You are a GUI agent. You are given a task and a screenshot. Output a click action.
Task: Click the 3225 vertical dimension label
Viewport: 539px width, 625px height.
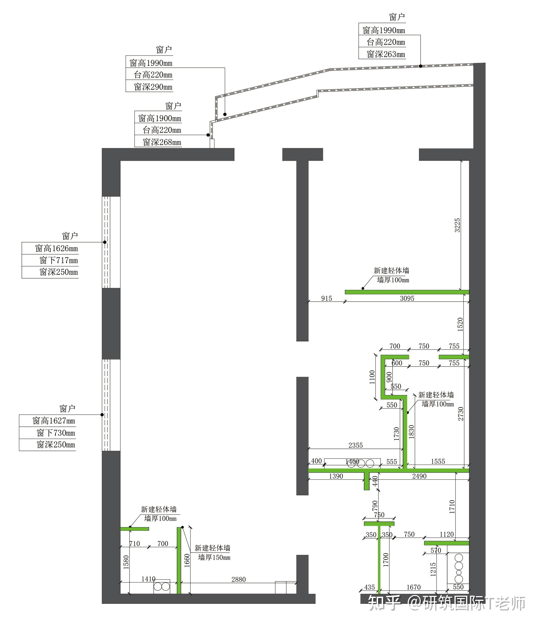(457, 225)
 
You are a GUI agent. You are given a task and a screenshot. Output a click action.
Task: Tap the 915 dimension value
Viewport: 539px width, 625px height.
(326, 298)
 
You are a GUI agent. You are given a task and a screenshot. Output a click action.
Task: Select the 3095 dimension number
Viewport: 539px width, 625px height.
(407, 298)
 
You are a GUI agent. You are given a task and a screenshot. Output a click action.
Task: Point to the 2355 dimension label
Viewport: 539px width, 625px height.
(355, 445)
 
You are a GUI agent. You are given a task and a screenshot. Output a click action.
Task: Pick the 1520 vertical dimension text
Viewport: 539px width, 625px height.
(460, 324)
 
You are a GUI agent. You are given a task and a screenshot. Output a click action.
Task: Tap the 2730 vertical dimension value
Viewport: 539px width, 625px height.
(461, 414)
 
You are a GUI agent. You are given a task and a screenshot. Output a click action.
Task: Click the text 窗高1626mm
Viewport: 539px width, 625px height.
(56, 248)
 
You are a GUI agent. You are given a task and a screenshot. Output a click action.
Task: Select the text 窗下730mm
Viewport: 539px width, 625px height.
(56, 433)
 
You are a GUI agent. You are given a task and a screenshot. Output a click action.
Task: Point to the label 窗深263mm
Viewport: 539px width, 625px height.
(386, 54)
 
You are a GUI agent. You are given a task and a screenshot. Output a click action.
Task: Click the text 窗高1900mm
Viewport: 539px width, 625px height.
(160, 118)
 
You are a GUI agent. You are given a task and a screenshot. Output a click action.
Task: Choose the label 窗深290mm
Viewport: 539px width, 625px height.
(153, 87)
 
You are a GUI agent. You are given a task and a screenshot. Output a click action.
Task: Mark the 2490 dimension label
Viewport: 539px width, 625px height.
(419, 476)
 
